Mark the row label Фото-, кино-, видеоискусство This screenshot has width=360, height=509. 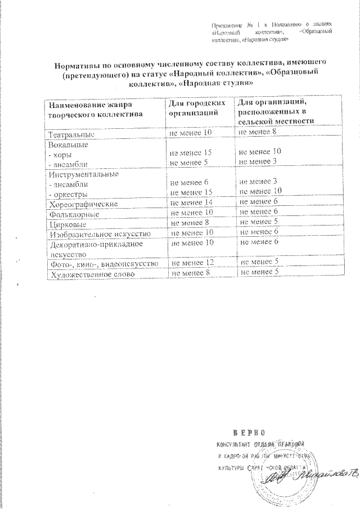[x=105, y=263]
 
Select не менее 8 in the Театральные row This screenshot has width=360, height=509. [x=258, y=132]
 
